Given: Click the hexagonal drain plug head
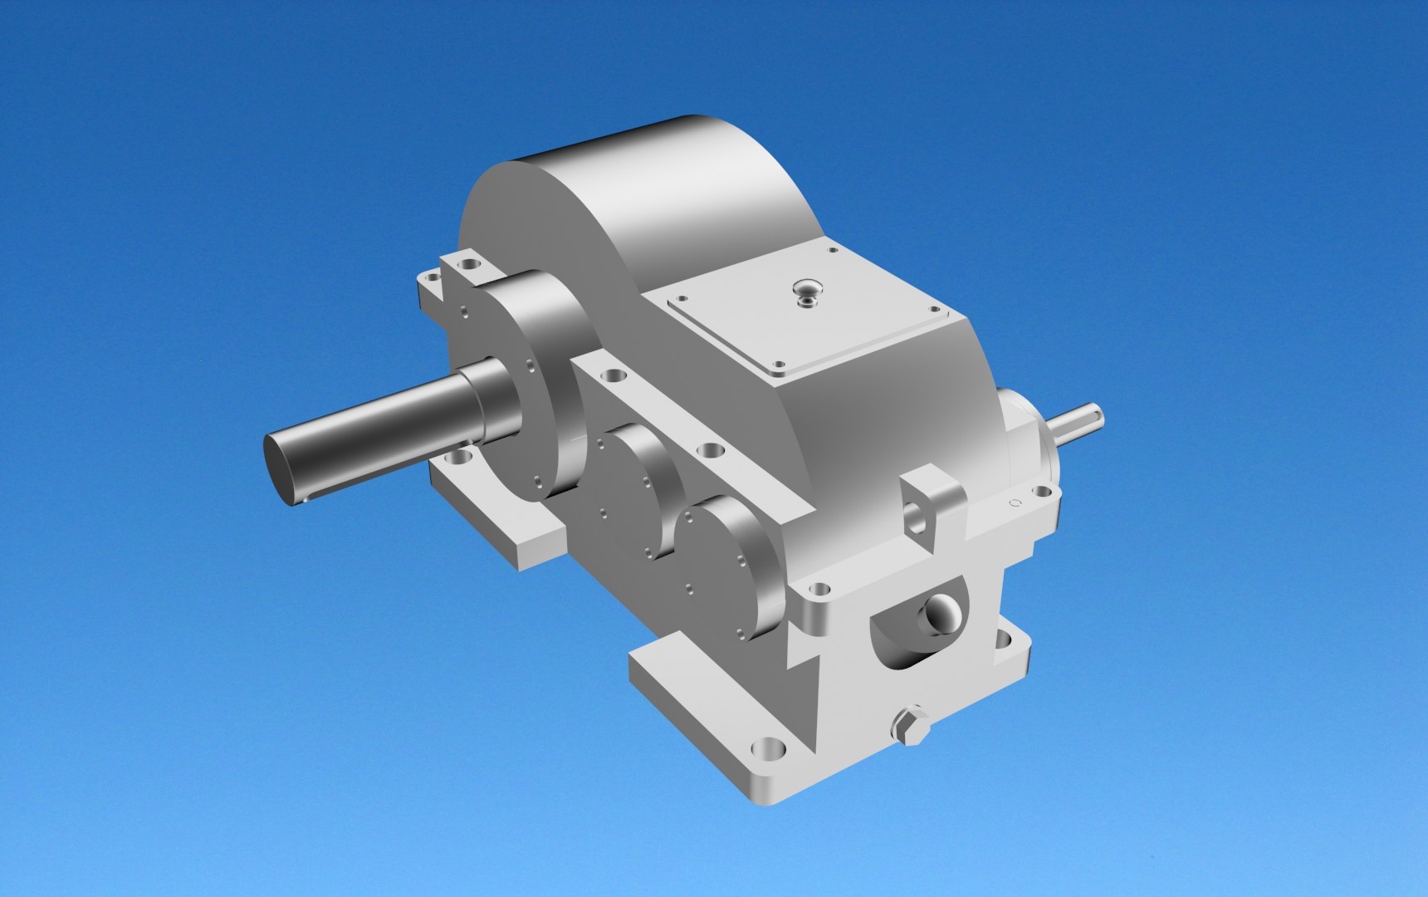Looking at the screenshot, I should pos(910,725).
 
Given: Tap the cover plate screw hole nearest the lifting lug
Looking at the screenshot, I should pos(778,364).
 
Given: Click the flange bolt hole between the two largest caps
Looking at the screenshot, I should pos(614,375).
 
